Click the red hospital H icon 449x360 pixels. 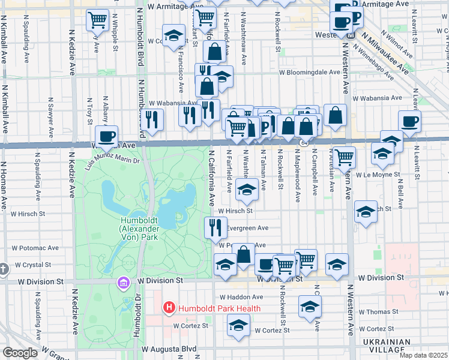coord(169,308)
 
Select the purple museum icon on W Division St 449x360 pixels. coord(124,282)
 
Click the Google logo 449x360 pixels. coord(19,353)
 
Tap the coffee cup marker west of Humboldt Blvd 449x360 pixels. coord(107,136)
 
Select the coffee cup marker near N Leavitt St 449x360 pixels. coord(409,121)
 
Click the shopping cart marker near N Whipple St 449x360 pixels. coord(97,20)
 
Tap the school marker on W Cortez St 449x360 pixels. coord(238,325)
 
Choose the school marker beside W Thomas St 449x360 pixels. coord(310,307)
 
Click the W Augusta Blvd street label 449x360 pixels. coord(169,349)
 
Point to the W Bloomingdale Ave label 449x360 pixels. coord(309,72)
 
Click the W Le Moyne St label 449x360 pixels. coord(377,175)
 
